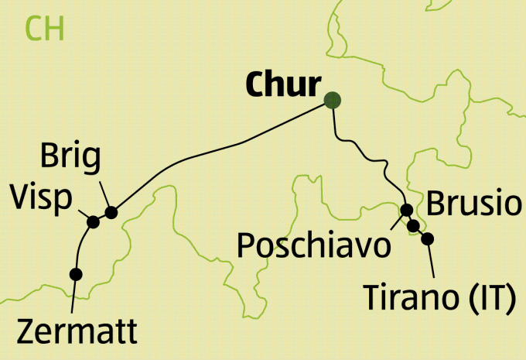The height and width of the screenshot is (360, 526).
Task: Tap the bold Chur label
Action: pyautogui.click(x=280, y=86)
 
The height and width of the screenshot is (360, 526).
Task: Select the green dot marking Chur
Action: pyautogui.click(x=333, y=100)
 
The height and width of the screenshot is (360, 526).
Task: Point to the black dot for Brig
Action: pyautogui.click(x=111, y=212)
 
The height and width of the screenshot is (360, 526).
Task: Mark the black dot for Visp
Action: pyautogui.click(x=94, y=222)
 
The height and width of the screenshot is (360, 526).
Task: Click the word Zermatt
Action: pyautogui.click(x=76, y=331)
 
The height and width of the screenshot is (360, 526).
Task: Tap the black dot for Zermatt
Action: pyautogui.click(x=76, y=273)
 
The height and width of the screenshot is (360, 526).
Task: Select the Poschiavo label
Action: pyautogui.click(x=313, y=245)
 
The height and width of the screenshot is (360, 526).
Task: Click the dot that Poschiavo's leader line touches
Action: pyautogui.click(x=407, y=210)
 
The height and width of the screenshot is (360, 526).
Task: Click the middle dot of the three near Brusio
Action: pyautogui.click(x=414, y=225)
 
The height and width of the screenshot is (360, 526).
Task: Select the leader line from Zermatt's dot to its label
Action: pyautogui.click(x=73, y=294)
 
